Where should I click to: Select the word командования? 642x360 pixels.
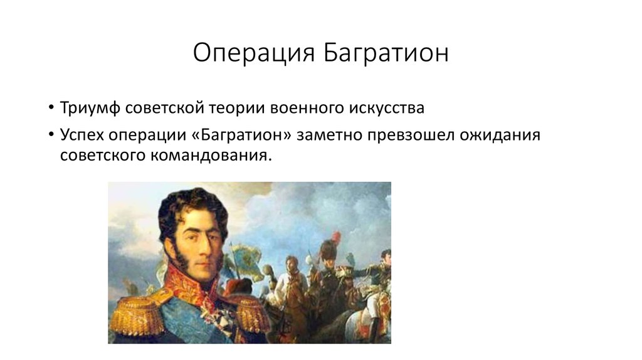coord(209,156)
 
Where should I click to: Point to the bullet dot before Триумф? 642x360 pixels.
coord(50,109)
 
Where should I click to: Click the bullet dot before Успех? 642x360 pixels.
coord(50,136)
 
